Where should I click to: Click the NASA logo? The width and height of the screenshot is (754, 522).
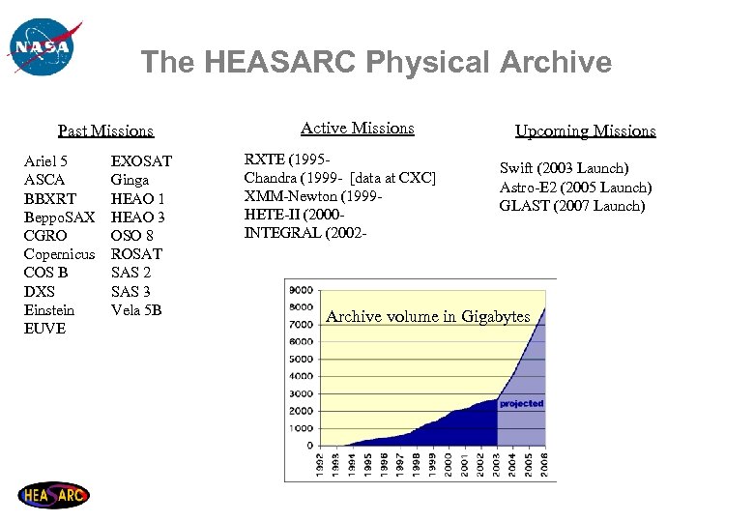tap(42, 47)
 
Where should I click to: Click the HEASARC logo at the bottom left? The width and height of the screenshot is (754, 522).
tap(54, 495)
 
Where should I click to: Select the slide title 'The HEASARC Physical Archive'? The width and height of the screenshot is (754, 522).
tap(376, 63)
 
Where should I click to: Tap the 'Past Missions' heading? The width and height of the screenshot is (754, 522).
tap(105, 130)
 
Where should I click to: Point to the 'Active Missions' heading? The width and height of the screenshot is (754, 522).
tap(357, 128)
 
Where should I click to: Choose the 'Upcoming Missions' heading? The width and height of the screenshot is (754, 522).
tap(585, 130)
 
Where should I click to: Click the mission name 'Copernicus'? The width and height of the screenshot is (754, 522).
tap(59, 254)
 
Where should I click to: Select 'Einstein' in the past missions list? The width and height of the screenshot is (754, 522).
tap(49, 309)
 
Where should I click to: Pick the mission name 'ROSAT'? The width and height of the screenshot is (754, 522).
tap(136, 254)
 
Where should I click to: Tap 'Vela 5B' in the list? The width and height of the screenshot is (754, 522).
tap(136, 309)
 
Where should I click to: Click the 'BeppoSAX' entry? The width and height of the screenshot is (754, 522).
tap(59, 217)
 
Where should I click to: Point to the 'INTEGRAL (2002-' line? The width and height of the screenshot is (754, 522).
tap(302, 233)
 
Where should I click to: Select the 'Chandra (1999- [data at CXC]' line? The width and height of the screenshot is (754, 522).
tap(340, 178)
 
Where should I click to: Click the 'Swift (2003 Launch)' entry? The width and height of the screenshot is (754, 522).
tap(564, 168)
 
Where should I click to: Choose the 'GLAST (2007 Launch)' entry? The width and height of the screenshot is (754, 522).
tap(571, 205)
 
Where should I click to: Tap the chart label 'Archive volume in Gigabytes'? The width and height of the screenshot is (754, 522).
tap(428, 316)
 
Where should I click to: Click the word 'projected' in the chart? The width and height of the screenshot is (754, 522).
tap(521, 403)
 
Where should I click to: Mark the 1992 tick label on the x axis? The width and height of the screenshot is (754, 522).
tap(319, 465)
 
